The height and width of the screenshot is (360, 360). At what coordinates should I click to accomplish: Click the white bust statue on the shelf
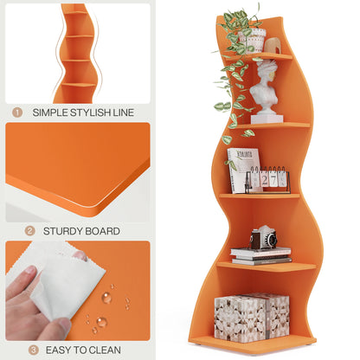coord(267,91)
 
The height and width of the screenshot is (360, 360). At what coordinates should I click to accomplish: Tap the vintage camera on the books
coord(262,237)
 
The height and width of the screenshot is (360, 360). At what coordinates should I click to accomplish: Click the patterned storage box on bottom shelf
coord(251,318)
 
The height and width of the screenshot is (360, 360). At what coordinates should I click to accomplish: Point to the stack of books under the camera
coord(260,254)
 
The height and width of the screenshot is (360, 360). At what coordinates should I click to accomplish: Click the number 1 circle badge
coord(17,112)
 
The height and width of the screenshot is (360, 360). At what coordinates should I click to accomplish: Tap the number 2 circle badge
coord(29,231)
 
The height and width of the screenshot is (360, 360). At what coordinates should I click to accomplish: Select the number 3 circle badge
coord(34,350)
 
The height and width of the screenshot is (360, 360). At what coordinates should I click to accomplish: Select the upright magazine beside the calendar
coord(241,169)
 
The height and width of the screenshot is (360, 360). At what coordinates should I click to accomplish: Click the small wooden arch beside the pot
coord(273,45)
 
